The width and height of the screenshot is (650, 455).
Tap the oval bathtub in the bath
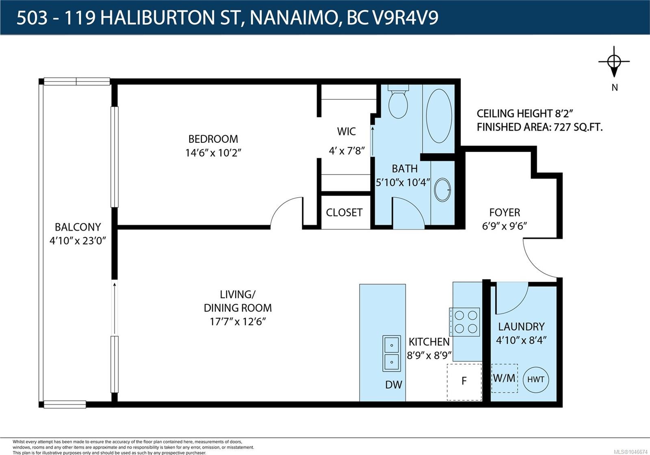439,116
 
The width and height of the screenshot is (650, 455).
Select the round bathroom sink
442,190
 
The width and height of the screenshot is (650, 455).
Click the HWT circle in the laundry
536,380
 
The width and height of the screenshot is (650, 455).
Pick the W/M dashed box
505,378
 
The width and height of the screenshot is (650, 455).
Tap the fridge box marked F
464,382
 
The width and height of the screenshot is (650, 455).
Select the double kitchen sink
392,354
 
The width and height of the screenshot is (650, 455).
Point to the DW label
394,385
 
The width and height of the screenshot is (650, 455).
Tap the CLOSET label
344,213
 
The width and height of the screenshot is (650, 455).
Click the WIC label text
347,132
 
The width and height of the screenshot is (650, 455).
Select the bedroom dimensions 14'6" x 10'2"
213,153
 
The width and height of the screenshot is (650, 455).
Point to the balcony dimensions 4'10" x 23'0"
78,241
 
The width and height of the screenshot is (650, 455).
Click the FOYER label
505,213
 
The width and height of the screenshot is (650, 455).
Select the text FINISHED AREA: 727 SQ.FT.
540,127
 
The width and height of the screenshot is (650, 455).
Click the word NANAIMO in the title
294,18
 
